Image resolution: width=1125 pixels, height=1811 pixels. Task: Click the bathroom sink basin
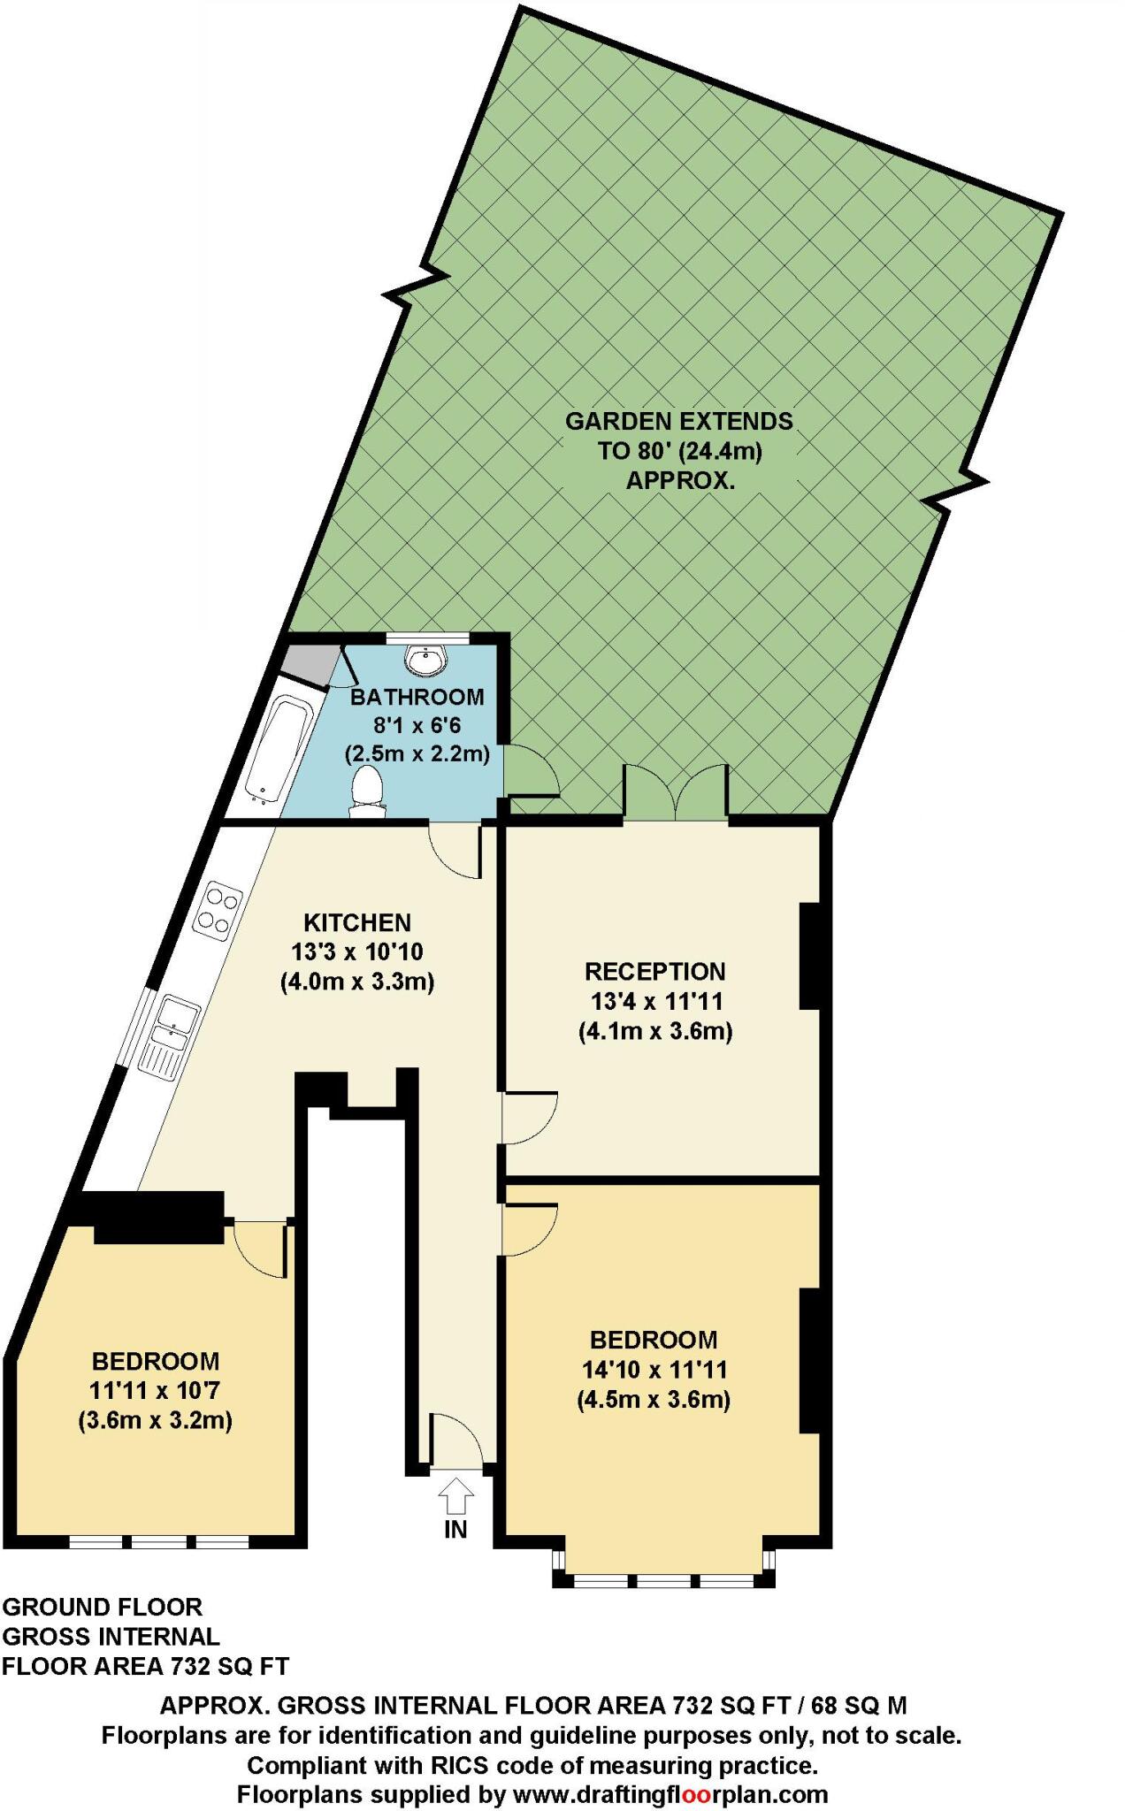[x=426, y=659]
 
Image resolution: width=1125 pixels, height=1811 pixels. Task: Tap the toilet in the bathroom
[x=366, y=789]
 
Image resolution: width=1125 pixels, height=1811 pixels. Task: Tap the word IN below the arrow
[x=455, y=1529]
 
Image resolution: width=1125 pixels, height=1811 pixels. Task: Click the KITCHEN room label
[x=357, y=923]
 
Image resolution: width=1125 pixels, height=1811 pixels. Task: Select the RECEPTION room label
[x=654, y=972]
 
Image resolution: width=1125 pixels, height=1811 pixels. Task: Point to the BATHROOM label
[x=417, y=697]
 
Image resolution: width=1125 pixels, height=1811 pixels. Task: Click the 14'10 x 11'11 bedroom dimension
[x=654, y=1370]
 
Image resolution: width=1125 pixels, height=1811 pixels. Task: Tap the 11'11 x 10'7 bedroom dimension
[x=155, y=1390]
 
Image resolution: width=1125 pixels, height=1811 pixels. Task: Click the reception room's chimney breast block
[x=808, y=955]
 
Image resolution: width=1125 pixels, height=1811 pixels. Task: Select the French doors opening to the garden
[x=677, y=792]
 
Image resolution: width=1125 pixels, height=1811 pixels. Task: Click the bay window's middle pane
[x=664, y=1580]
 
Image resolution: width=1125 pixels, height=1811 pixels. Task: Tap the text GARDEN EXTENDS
[x=678, y=421]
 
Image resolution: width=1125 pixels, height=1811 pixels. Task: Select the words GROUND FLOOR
[x=103, y=1607]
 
